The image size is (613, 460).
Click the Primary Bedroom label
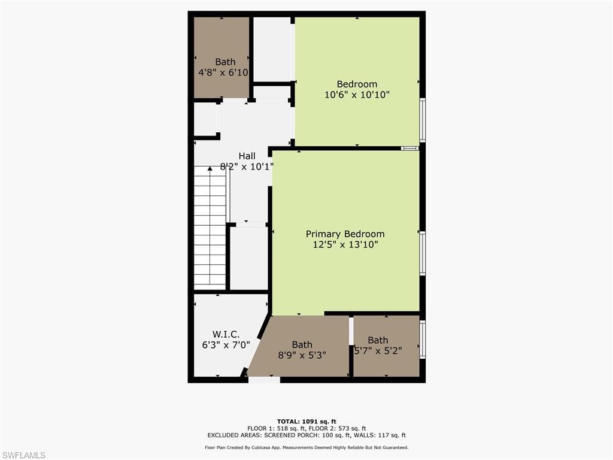click(x=345, y=234)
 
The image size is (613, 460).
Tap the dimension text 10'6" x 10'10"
click(x=357, y=95)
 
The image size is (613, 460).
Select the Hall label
click(x=247, y=156)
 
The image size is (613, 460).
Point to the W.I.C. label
click(x=226, y=334)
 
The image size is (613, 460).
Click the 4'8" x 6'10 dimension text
click(x=223, y=72)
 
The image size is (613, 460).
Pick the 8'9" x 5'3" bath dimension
click(x=302, y=355)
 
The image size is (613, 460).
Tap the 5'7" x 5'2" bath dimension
click(x=378, y=351)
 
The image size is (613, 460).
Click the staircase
click(x=210, y=228)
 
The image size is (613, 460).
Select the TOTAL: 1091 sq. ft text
click(x=306, y=421)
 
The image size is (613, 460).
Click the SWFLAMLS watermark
click(x=23, y=455)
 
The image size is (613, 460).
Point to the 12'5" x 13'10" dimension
click(x=345, y=244)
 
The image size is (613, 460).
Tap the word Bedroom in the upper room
click(x=357, y=84)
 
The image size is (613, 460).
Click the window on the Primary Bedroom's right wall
click(x=423, y=253)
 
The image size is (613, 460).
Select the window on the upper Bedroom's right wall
click(x=423, y=120)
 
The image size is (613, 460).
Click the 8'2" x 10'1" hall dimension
click(x=247, y=167)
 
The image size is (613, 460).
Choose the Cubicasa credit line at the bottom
click(x=306, y=447)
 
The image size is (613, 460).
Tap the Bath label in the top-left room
click(x=225, y=62)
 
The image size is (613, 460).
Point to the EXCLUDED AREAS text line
click(x=306, y=435)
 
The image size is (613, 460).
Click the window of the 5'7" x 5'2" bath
click(x=423, y=340)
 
